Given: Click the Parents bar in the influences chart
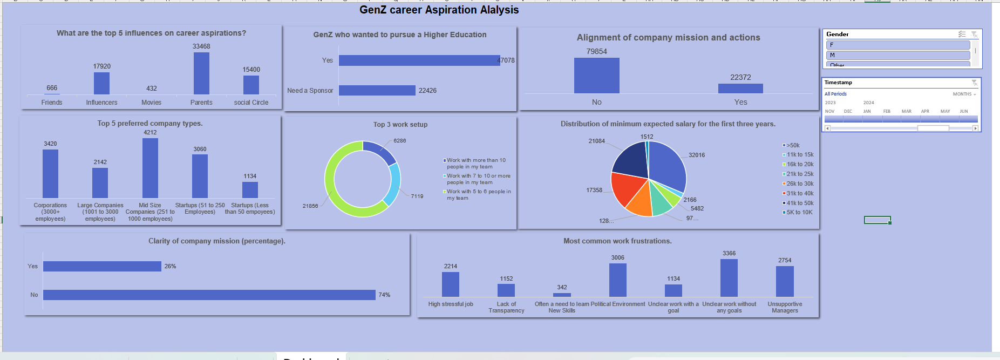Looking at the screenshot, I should (201, 73).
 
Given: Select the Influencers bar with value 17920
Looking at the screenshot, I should (101, 84).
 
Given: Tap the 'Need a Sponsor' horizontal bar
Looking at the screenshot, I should (377, 91).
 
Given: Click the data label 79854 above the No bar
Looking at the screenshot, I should (596, 51).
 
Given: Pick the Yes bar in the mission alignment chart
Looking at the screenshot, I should (740, 89).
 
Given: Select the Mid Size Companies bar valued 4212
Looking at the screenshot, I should (150, 168).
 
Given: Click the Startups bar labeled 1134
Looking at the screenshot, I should (250, 190).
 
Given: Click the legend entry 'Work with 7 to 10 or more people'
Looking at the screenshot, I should (478, 179).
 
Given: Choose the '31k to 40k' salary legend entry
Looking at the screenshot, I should (799, 193).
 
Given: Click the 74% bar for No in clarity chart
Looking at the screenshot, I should (209, 295).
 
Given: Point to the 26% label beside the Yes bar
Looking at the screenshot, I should (170, 266).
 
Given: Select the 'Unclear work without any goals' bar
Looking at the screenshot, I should (729, 278).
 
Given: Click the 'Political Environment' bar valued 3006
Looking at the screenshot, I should (617, 280).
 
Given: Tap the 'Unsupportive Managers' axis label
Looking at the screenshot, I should (785, 307).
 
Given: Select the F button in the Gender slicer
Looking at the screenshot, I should (897, 45).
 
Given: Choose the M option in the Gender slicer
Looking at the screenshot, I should (897, 55).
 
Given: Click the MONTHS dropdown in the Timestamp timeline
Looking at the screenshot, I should (964, 94).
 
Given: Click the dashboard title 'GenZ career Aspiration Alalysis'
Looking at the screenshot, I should (439, 10).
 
